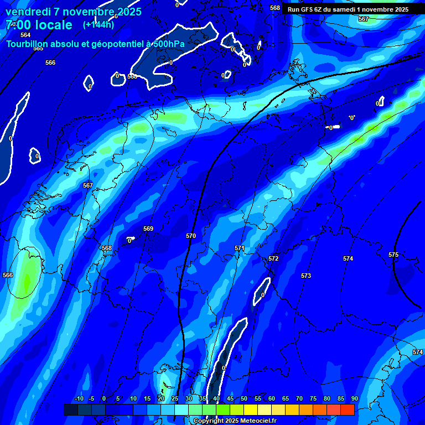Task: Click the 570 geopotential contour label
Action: coord(191,236)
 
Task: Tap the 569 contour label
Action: coord(148,229)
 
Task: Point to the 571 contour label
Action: coord(240,248)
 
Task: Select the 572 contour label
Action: coord(273,258)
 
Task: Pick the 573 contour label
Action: coord(306,276)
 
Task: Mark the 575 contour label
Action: coord(393,255)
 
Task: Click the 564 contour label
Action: coord(25,35)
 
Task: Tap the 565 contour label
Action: coord(38,49)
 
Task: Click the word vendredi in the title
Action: coord(28,12)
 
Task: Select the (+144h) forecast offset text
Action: coord(99,24)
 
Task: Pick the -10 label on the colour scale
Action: coord(79,399)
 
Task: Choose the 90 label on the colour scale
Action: coord(354,399)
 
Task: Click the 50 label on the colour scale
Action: coord(244,399)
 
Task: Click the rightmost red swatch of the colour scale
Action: coord(347,410)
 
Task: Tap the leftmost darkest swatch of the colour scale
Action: coord(70,410)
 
